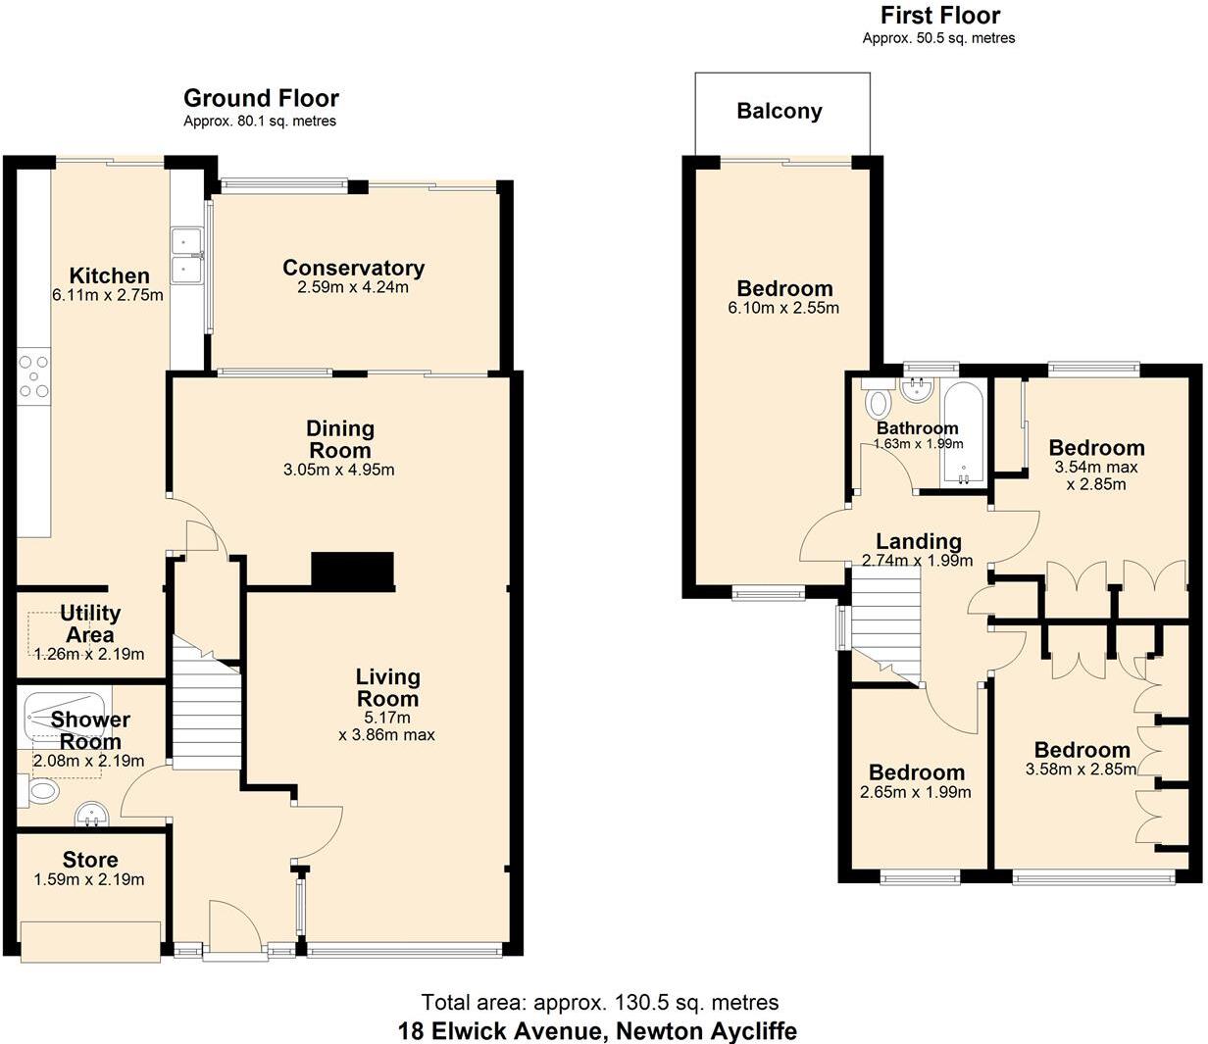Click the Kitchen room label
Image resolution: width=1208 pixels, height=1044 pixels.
pyautogui.click(x=109, y=275)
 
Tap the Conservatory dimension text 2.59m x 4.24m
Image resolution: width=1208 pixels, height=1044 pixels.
pyautogui.click(x=353, y=287)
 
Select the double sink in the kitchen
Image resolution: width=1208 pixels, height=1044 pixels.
pyautogui.click(x=185, y=255)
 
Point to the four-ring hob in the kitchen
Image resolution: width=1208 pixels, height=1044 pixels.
pyautogui.click(x=34, y=377)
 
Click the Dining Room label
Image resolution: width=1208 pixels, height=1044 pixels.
pyautogui.click(x=339, y=439)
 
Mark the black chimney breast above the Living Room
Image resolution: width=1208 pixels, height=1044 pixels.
pyautogui.click(x=352, y=571)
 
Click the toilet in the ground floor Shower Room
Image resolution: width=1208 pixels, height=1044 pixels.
pyautogui.click(x=43, y=792)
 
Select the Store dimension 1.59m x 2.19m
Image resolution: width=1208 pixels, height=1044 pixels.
pyautogui.click(x=89, y=879)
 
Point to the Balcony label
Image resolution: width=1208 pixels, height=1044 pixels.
pyautogui.click(x=780, y=111)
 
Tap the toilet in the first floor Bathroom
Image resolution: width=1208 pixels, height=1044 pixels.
pyautogui.click(x=879, y=402)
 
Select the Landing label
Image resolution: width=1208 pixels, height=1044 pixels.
pyautogui.click(x=918, y=541)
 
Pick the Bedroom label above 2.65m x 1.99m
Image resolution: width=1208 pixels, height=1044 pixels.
pyautogui.click(x=916, y=772)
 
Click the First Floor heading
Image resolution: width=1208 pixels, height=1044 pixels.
pyautogui.click(x=939, y=16)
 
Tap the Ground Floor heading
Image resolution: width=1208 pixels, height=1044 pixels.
pyautogui.click(x=261, y=98)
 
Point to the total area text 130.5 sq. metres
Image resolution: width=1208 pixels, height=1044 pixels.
pyautogui.click(x=600, y=1002)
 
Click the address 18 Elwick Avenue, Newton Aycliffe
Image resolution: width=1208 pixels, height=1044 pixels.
pyautogui.click(x=597, y=1031)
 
